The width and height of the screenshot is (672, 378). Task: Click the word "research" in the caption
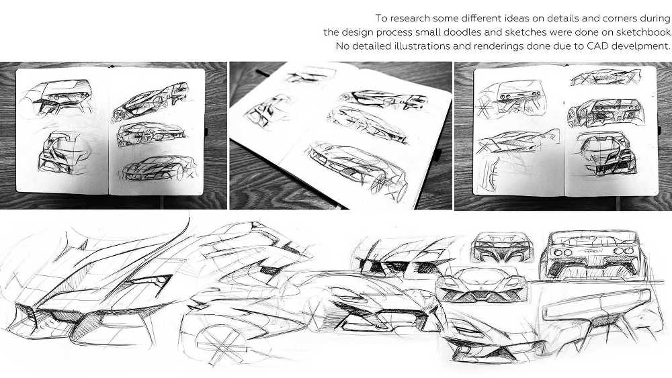pyautogui.click(x=409, y=18)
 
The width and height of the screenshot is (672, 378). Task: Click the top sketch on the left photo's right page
pyautogui.click(x=151, y=101)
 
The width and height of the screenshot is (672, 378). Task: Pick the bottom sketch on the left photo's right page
pyautogui.click(x=159, y=169)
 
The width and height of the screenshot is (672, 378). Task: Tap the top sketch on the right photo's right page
pyautogui.click(x=605, y=77)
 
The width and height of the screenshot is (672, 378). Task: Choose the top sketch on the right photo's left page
pyautogui.click(x=511, y=99)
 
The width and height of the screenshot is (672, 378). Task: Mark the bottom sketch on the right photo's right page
pyautogui.click(x=605, y=153)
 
